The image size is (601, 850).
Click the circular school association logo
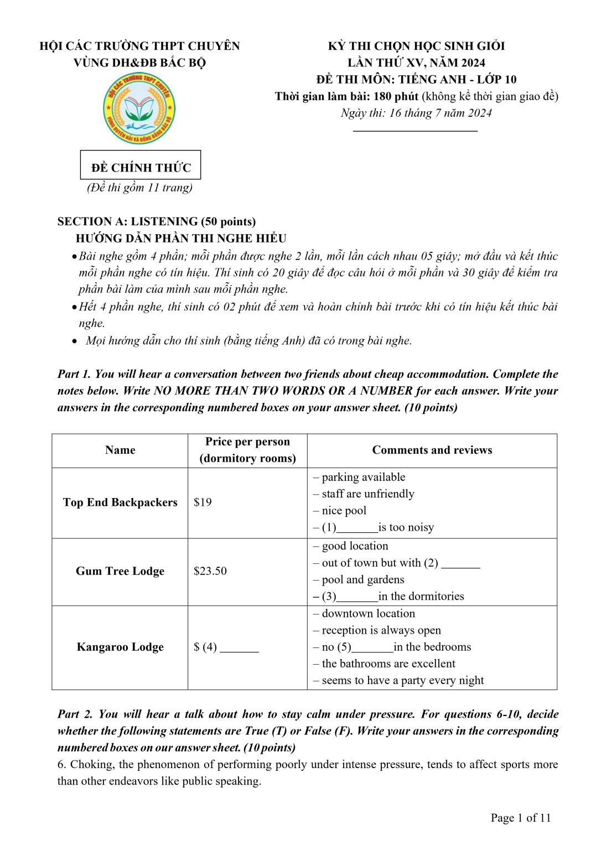(x=139, y=108)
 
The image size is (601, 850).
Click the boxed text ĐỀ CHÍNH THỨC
(x=141, y=167)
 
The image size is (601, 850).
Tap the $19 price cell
(x=203, y=502)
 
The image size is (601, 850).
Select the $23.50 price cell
(x=210, y=571)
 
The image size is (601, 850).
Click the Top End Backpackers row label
(x=120, y=502)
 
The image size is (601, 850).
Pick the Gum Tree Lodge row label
(x=120, y=571)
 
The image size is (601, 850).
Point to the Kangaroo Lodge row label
(x=120, y=646)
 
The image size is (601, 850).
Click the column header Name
(x=120, y=450)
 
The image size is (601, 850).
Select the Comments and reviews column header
(x=432, y=450)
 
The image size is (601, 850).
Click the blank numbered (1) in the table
(x=357, y=528)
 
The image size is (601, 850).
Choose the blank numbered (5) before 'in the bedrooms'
(x=372, y=648)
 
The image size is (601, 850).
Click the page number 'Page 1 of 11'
(x=520, y=817)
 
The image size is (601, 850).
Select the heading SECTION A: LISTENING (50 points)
(x=157, y=221)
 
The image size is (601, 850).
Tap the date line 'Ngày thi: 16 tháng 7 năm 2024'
(x=416, y=113)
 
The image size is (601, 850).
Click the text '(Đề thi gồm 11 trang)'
(x=139, y=188)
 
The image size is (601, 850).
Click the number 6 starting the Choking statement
(x=60, y=764)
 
